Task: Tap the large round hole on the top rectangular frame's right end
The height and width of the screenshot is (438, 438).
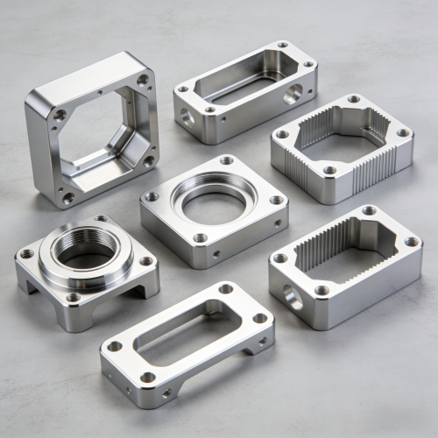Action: pyautogui.click(x=293, y=94)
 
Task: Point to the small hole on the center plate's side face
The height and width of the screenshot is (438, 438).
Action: pyautogui.click(x=217, y=254)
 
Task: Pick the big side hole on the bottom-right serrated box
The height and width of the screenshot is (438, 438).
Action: pyautogui.click(x=292, y=300)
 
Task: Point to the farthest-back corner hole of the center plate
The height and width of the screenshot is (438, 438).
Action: pyautogui.click(x=227, y=160)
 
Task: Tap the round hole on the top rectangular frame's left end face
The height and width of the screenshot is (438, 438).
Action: pyautogui.click(x=186, y=115)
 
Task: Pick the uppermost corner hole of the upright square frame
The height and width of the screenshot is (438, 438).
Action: pyautogui.click(x=143, y=80)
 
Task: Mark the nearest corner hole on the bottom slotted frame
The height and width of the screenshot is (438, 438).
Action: pyautogui.click(x=148, y=378)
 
